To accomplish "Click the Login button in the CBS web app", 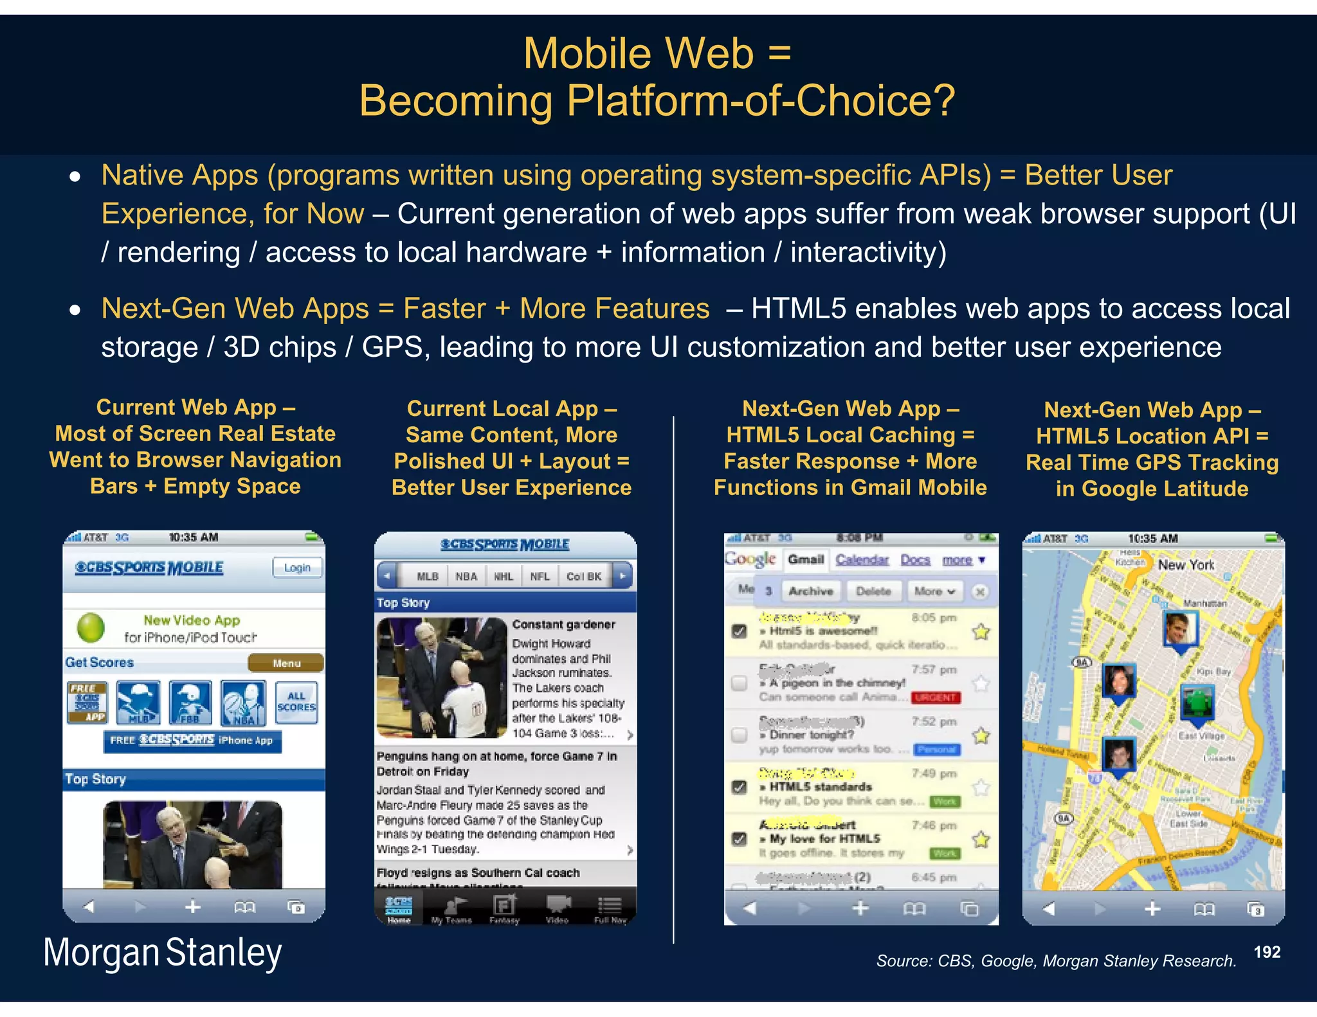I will (x=296, y=568).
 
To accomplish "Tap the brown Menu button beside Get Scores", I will (x=286, y=663).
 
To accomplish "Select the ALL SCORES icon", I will (x=296, y=702).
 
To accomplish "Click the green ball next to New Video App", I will (x=91, y=628).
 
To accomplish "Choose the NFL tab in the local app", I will (x=540, y=576).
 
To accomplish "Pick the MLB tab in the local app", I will (x=427, y=576).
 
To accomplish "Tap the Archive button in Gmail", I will (x=810, y=591).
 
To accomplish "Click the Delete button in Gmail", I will (x=873, y=591).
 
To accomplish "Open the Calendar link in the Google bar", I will (x=862, y=560).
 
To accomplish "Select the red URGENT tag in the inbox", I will (x=936, y=697).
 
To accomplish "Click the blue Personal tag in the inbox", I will (x=937, y=750).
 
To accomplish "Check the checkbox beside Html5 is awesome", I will (x=740, y=631).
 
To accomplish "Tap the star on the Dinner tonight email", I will (x=981, y=735).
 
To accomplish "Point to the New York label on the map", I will (x=1186, y=565).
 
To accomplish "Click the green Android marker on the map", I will (x=1197, y=701).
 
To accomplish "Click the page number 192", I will (x=1267, y=952).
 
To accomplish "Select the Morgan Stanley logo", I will (x=163, y=953).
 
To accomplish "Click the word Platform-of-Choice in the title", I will (x=760, y=101).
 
